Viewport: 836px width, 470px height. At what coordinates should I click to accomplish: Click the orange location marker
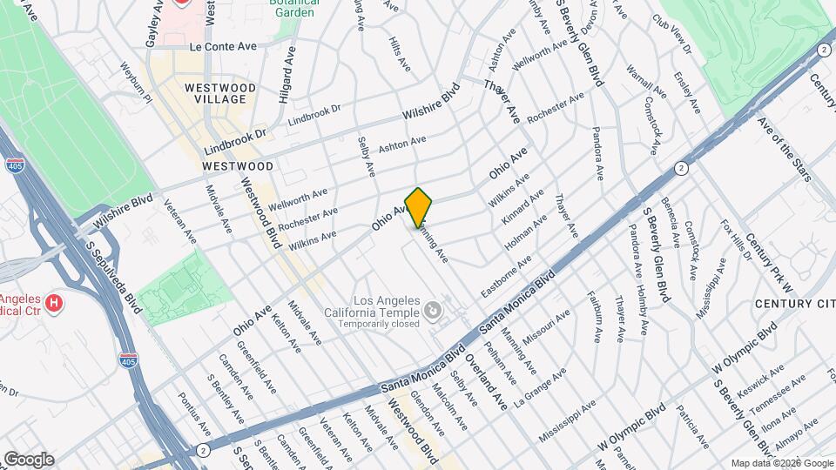(419, 207)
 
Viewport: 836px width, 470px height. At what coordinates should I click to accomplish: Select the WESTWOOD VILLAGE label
(219, 93)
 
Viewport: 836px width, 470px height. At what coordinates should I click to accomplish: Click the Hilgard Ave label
(287, 76)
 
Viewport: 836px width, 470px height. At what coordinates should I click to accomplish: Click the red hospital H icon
(54, 304)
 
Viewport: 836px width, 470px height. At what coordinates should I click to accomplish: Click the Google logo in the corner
(30, 459)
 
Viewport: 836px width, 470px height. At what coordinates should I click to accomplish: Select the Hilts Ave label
(400, 53)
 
